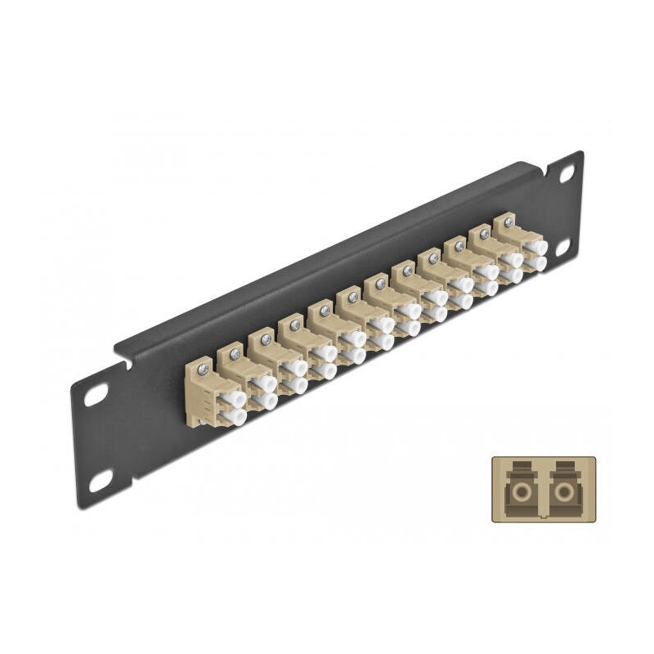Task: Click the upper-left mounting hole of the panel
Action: point(96,394)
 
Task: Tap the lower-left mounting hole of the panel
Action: point(101,482)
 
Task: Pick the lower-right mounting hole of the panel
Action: point(562,247)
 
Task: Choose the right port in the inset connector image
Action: point(562,492)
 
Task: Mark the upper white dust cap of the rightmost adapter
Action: point(536,247)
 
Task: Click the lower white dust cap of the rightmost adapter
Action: point(538,263)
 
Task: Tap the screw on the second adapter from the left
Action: point(235,352)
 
